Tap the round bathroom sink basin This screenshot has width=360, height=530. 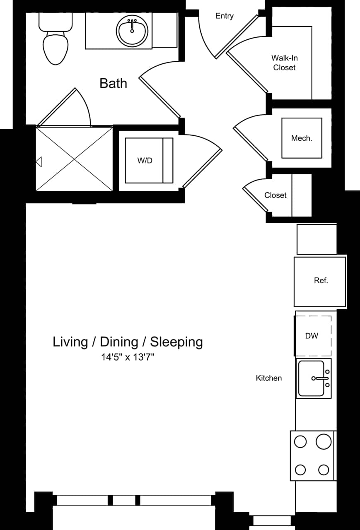click(133, 31)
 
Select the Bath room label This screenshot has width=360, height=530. click(113, 83)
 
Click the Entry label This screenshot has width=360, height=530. click(225, 16)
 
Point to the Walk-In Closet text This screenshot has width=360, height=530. click(285, 63)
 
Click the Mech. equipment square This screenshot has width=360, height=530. click(302, 138)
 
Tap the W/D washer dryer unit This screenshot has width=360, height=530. click(149, 160)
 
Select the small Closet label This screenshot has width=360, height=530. click(275, 195)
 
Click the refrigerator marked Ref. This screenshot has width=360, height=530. click(320, 281)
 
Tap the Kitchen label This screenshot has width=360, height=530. click(269, 378)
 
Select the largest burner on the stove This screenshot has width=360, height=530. click(324, 441)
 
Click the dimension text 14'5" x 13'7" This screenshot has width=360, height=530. click(128, 357)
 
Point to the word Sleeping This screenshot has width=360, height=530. click(176, 342)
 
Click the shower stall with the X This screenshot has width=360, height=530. click(75, 159)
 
